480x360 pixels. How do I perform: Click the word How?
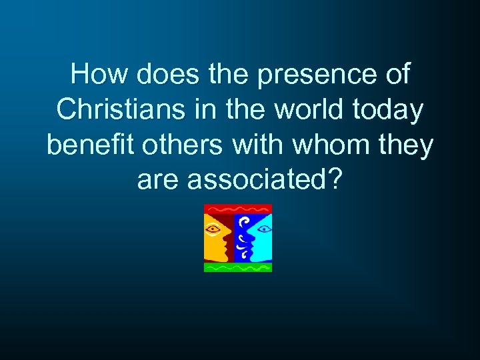[x=100, y=75]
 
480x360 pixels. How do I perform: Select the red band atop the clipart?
[x=238, y=208]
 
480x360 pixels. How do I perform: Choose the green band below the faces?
[x=238, y=267]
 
